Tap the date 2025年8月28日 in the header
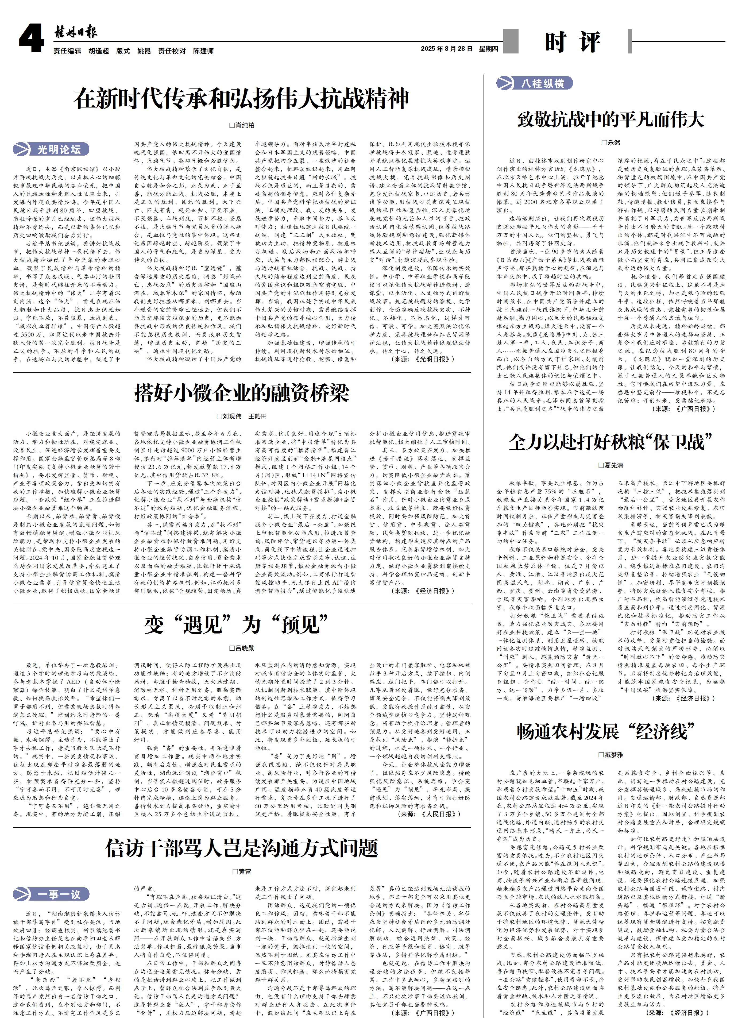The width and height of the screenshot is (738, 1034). click(x=446, y=49)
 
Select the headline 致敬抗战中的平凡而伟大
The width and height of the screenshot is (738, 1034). click(x=610, y=119)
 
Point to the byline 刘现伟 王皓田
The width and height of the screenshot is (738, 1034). click(x=242, y=416)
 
